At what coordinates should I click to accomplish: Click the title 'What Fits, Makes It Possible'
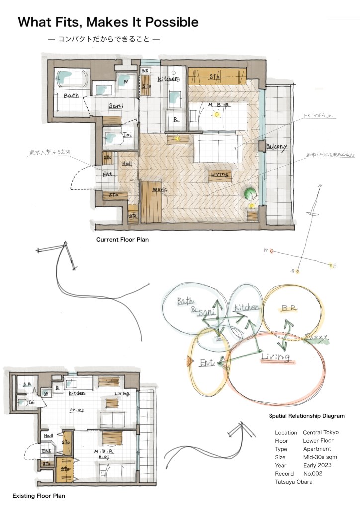click(x=108, y=22)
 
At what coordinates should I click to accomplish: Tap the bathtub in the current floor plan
click(x=71, y=79)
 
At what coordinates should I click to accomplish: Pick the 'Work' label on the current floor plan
click(x=160, y=190)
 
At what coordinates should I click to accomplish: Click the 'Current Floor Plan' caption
click(x=122, y=239)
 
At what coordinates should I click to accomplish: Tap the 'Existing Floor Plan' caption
click(x=39, y=496)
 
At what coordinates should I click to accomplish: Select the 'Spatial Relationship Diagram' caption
click(x=306, y=416)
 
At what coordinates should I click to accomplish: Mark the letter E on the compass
click(x=334, y=266)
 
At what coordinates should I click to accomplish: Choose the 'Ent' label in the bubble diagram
click(x=207, y=363)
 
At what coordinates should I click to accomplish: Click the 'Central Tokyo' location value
click(x=321, y=432)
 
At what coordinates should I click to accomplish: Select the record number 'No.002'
click(x=314, y=474)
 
